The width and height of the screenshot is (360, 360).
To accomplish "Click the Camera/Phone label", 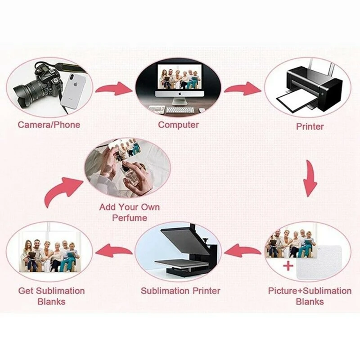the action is tap(49, 124).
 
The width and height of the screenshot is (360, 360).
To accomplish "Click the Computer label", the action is tap(178, 124).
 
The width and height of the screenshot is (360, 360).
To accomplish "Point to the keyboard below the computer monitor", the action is tap(180, 109).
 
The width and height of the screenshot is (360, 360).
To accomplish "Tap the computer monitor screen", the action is tap(179, 79).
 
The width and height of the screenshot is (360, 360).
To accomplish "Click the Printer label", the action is tap(310, 126).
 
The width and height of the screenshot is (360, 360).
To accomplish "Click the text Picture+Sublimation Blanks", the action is tap(310, 296).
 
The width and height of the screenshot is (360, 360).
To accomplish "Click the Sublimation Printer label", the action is tap(180, 291).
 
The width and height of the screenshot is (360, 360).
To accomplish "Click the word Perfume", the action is tap(130, 218).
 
